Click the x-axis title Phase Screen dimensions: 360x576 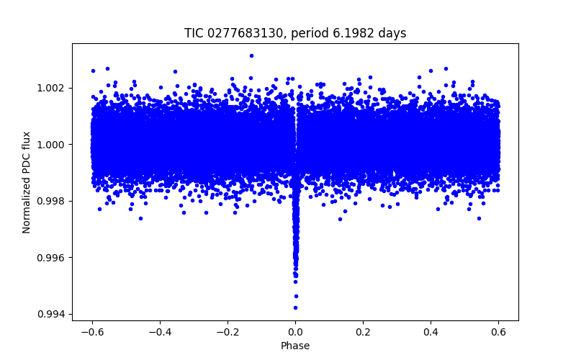pyautogui.click(x=295, y=346)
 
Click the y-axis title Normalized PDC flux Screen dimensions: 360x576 pyautogui.click(x=27, y=182)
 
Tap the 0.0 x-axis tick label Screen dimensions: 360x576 pyautogui.click(x=295, y=332)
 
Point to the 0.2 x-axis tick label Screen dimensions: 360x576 pyautogui.click(x=363, y=332)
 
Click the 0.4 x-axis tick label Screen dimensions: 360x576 pyautogui.click(x=431, y=332)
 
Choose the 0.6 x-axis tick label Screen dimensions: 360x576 pyautogui.click(x=498, y=332)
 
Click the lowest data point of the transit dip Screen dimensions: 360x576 pyautogui.click(x=295, y=307)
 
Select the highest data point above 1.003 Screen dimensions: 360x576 pyautogui.click(x=251, y=55)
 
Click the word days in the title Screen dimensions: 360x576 pyautogui.click(x=393, y=33)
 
